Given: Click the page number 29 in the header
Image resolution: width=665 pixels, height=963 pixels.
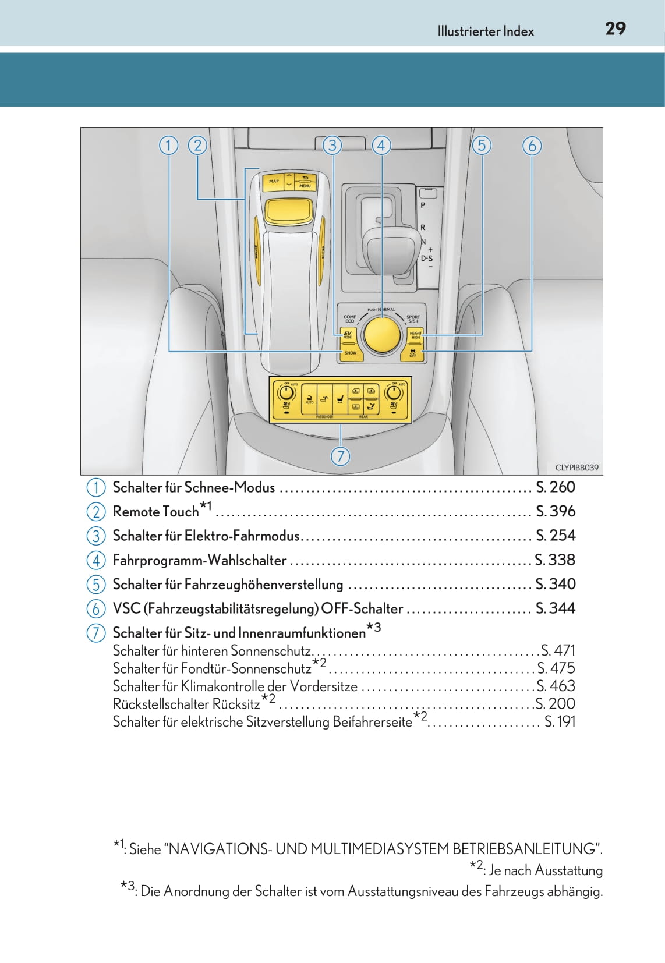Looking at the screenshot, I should pyautogui.click(x=615, y=29).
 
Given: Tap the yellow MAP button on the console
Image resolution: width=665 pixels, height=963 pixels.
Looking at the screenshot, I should pyautogui.click(x=273, y=182).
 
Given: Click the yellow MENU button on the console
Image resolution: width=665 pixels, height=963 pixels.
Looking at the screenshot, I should pyautogui.click(x=305, y=182).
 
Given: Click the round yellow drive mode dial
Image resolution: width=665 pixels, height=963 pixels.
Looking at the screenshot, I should pyautogui.click(x=381, y=335).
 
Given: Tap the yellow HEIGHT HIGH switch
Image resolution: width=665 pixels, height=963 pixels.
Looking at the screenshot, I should pyautogui.click(x=415, y=335).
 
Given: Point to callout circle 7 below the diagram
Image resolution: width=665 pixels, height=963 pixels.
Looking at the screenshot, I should pyautogui.click(x=341, y=456).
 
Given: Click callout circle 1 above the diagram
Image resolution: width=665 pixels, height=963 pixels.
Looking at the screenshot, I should pyautogui.click(x=168, y=145).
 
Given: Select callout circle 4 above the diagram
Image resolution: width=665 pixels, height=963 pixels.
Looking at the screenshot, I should pyautogui.click(x=381, y=145).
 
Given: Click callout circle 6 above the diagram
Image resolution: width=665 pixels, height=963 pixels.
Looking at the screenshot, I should pyautogui.click(x=532, y=145).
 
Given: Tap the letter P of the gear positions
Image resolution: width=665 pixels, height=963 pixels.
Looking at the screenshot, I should pyautogui.click(x=423, y=206).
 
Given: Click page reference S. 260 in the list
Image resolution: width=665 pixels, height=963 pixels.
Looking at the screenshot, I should pyautogui.click(x=555, y=487).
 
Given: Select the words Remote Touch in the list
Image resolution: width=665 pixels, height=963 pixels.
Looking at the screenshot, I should pyautogui.click(x=155, y=511).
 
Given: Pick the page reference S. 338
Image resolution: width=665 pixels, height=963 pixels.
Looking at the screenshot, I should pyautogui.click(x=555, y=560).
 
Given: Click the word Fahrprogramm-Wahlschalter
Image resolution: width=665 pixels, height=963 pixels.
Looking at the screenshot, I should pyautogui.click(x=199, y=560).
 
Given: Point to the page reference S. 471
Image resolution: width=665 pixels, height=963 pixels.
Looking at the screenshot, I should pyautogui.click(x=558, y=650).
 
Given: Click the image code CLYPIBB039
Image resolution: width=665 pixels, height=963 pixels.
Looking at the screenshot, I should pyautogui.click(x=576, y=468).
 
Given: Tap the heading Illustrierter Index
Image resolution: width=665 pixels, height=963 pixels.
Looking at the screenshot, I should pyautogui.click(x=486, y=31).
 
